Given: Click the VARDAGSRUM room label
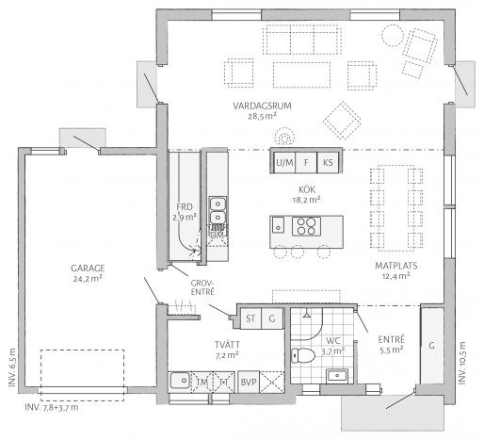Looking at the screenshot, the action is tap(262, 106).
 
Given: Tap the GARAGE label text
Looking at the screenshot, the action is tap(88, 269).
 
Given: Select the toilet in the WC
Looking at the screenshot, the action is tap(303, 355).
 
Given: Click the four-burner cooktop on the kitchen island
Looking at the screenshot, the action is tap(306, 226).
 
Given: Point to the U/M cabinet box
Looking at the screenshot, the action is tap(284, 162).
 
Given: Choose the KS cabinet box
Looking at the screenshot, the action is tap(328, 162).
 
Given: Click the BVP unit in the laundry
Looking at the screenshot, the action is tap(249, 382).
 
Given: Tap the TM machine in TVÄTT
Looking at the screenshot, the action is tap(202, 382).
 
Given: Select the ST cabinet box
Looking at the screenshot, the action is tap(250, 318).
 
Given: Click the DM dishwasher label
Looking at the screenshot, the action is tap(218, 235).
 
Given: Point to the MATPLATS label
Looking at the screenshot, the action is tap(396, 266).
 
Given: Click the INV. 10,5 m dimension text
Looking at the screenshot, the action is tap(462, 363).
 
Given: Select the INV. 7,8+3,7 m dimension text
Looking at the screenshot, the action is tap(52, 408).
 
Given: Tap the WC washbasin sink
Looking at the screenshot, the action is tap(337, 375).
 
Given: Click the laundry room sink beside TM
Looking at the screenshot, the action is tap(180, 381).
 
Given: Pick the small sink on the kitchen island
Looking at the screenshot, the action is tap(278, 224).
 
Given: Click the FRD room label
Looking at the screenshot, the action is tap(185, 207).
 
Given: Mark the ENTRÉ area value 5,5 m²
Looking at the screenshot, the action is tap(392, 350).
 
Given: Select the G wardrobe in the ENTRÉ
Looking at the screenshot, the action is tap(432, 346).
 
